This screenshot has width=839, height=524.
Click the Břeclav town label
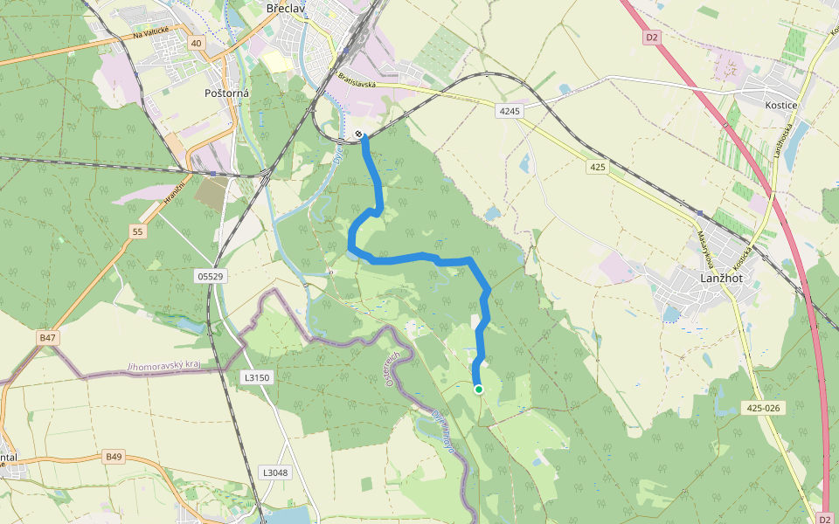(x=284, y=8)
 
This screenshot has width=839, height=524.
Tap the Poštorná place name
(x=226, y=93)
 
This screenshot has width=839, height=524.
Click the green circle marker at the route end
(x=478, y=390)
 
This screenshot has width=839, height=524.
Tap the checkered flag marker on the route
(x=359, y=134)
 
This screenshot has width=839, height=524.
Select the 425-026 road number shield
(x=764, y=408)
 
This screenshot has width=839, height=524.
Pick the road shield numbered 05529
(x=211, y=276)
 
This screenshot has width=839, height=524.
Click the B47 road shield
(x=47, y=336)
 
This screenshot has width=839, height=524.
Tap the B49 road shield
(x=114, y=456)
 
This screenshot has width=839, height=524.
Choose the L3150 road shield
(x=256, y=377)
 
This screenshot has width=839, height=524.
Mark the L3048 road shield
(x=274, y=472)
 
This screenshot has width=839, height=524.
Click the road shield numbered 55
(x=137, y=231)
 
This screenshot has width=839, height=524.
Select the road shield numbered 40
(x=196, y=43)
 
